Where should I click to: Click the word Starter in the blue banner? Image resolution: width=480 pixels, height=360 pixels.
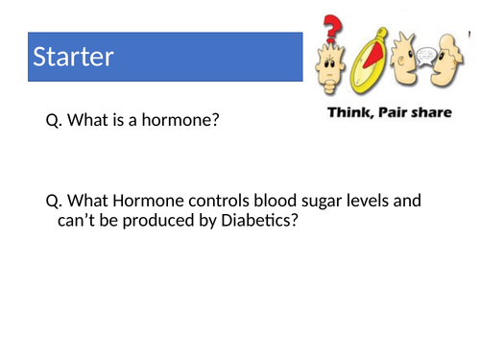pos(73,57)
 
